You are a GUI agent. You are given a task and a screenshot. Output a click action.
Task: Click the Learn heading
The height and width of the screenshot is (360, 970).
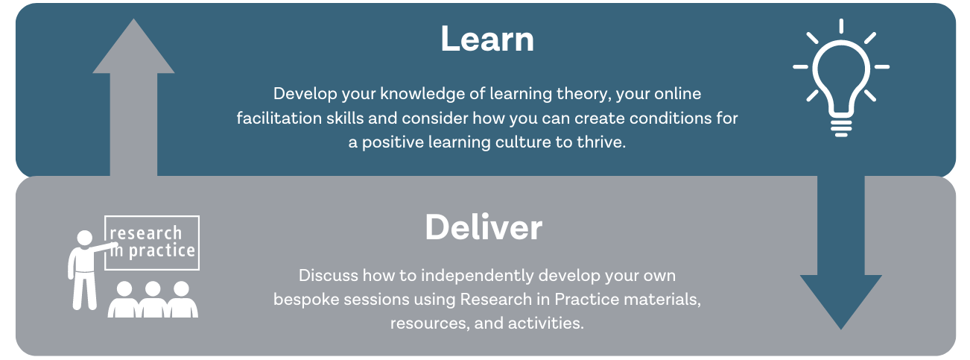point(487,40)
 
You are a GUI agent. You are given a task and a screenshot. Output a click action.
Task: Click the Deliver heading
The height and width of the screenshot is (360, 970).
point(484,227)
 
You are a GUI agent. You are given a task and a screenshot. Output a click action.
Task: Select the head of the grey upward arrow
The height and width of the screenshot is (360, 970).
point(133,49)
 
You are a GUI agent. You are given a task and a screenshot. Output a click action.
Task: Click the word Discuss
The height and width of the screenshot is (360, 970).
point(327,275)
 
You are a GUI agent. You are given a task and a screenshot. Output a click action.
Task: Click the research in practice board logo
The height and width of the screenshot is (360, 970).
point(153,243)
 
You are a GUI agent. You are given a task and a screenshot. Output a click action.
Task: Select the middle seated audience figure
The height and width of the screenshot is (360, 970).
point(153,300)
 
